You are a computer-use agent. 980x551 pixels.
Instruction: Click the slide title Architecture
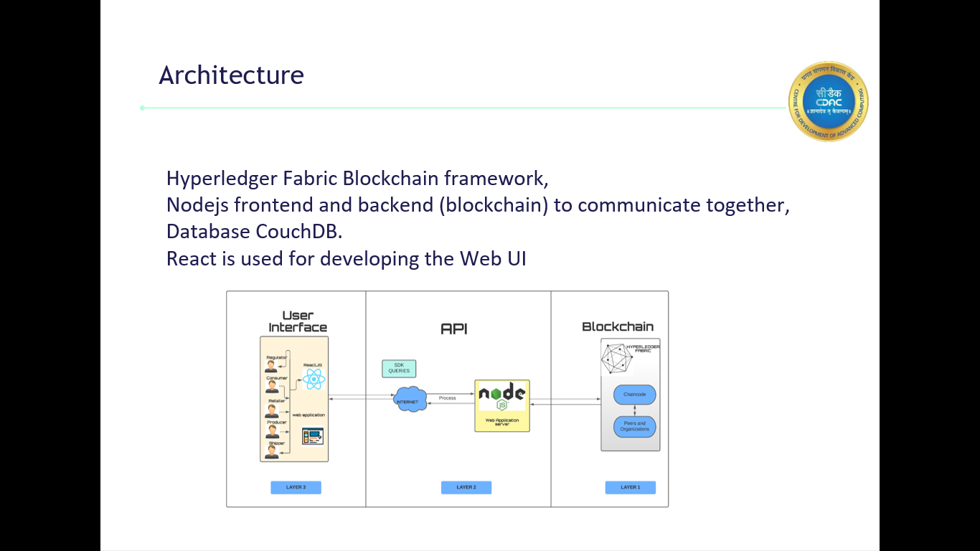point(231,75)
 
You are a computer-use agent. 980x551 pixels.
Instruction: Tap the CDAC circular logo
point(828,101)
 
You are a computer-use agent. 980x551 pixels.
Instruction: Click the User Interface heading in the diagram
point(297,321)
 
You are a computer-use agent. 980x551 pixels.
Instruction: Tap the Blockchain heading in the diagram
point(618,326)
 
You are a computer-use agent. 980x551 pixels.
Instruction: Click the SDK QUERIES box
point(399,368)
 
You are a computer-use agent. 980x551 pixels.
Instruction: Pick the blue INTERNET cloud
point(410,400)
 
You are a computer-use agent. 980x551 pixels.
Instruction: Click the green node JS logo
point(501,395)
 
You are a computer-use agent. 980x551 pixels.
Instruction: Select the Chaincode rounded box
point(635,394)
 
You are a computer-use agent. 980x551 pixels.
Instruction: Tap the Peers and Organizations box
point(635,426)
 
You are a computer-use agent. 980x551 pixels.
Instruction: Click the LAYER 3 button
point(296,487)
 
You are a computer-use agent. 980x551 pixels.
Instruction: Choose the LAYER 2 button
point(466,487)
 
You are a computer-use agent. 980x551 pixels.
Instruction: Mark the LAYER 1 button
point(630,487)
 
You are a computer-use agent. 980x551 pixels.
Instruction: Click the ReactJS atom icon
point(314,380)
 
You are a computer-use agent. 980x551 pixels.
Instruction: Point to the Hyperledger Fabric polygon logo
point(613,358)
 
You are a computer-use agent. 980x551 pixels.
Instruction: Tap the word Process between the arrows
point(447,397)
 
